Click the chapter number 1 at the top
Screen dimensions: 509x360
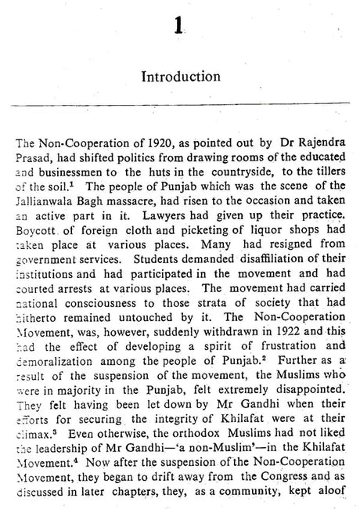click(x=180, y=29)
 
